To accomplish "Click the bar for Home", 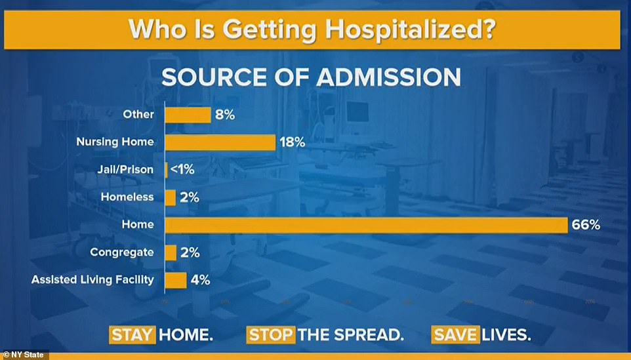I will click(365, 225).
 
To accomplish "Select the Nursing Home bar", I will click(220, 142).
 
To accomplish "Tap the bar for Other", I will click(187, 115).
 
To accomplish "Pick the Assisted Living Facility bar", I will click(175, 280).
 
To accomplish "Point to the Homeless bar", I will click(170, 197).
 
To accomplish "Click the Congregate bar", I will click(170, 252).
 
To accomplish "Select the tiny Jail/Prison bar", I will click(166, 170).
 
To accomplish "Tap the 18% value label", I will click(293, 142).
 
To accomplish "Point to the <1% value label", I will click(184, 170).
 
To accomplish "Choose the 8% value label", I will click(224, 115).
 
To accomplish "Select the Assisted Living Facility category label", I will click(92, 280).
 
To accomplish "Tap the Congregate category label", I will click(122, 252).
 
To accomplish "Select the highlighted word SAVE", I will click(455, 334).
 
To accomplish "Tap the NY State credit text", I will click(24, 355).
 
